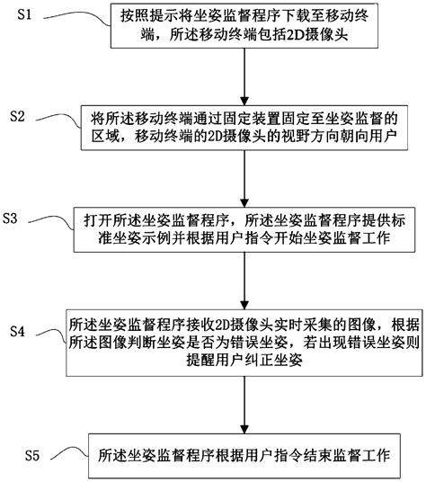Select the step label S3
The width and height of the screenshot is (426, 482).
pos(15,219)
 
